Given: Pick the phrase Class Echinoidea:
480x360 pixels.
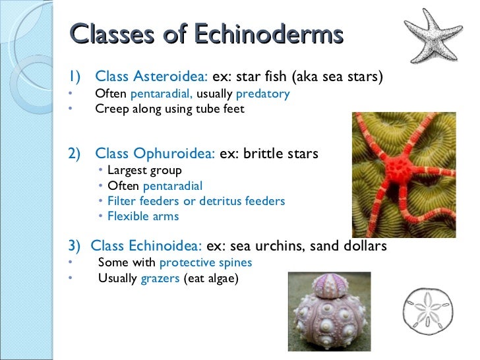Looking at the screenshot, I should [146, 246].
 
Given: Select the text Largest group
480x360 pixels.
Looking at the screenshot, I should [144, 171].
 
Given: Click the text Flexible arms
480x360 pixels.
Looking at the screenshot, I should [143, 216].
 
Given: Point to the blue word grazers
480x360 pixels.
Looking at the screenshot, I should [160, 278].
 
